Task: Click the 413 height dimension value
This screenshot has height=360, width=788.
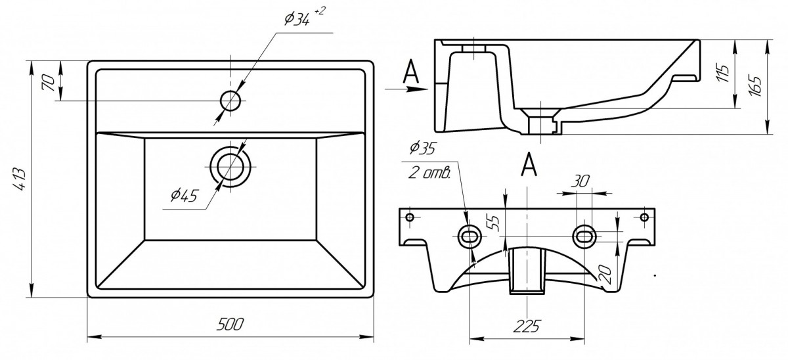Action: pyautogui.click(x=19, y=179)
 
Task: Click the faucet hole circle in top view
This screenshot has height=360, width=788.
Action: pyautogui.click(x=231, y=101)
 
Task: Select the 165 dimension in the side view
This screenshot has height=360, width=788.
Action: pyautogui.click(x=755, y=86)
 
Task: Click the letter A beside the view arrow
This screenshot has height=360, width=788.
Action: pyautogui.click(x=411, y=72)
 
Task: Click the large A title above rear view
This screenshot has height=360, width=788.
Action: pyautogui.click(x=529, y=165)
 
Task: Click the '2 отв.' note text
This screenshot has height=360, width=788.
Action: pyautogui.click(x=431, y=175)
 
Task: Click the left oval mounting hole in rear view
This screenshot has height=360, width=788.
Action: pyautogui.click(x=469, y=236)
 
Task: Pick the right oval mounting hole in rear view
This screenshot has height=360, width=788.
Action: pyautogui.click(x=584, y=235)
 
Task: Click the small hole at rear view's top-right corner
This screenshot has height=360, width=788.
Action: pyautogui.click(x=644, y=217)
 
